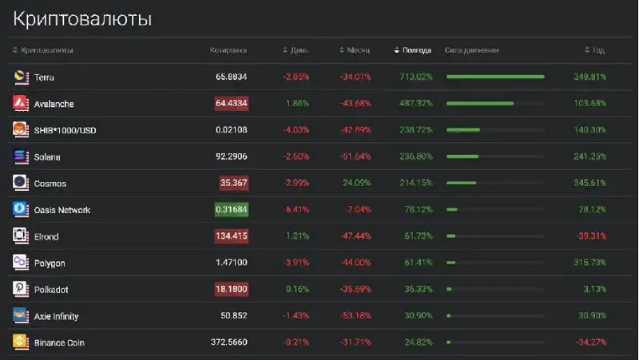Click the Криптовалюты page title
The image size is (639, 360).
[82, 18]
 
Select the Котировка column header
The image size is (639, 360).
[228, 50]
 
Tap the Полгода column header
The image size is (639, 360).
[416, 50]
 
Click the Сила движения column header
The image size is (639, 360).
[472, 50]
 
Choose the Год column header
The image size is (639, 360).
[597, 50]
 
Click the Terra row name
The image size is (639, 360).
[44, 77]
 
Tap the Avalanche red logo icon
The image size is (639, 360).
[21, 104]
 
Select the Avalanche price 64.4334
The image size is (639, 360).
[231, 104]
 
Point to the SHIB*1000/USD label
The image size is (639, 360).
[65, 130]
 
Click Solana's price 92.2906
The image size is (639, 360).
[231, 157]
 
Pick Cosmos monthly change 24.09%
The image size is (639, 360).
[356, 184]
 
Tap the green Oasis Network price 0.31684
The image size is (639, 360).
[231, 210]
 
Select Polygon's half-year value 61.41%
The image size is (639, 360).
[416, 263]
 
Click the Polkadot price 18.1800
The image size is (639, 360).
[231, 290]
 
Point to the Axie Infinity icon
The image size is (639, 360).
[21, 316]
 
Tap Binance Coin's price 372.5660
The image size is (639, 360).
[228, 342]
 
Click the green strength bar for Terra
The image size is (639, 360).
[495, 77]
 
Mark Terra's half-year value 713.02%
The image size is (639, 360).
[414, 77]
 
